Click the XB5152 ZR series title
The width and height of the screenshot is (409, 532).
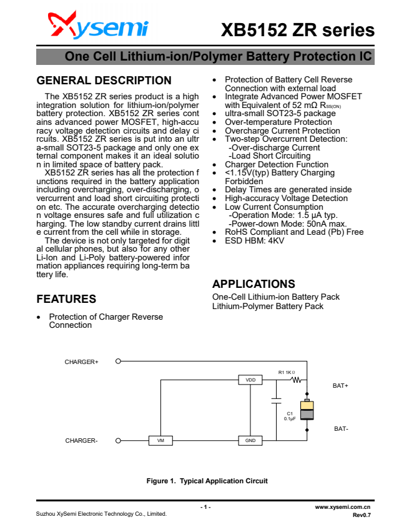click(x=297, y=30)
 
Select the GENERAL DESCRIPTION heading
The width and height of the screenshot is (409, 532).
click(x=104, y=81)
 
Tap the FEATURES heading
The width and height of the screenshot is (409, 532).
click(x=66, y=298)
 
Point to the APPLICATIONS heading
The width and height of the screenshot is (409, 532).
click(x=254, y=284)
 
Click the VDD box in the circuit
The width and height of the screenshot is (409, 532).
click(x=250, y=380)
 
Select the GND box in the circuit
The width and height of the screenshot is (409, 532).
click(x=250, y=440)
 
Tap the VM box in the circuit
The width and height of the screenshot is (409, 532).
click(x=160, y=440)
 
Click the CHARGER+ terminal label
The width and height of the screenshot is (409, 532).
click(x=82, y=362)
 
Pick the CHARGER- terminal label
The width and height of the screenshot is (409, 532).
click(x=82, y=440)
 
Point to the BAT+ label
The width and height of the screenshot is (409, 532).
click(x=340, y=386)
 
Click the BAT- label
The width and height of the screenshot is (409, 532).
click(x=341, y=429)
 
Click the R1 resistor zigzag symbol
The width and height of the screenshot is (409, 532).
click(x=297, y=380)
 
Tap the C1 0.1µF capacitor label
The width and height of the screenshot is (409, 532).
click(x=290, y=416)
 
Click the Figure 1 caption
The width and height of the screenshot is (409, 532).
click(x=207, y=481)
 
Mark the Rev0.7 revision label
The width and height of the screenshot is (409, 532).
click(x=362, y=515)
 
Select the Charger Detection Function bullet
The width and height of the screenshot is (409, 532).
click(x=276, y=164)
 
